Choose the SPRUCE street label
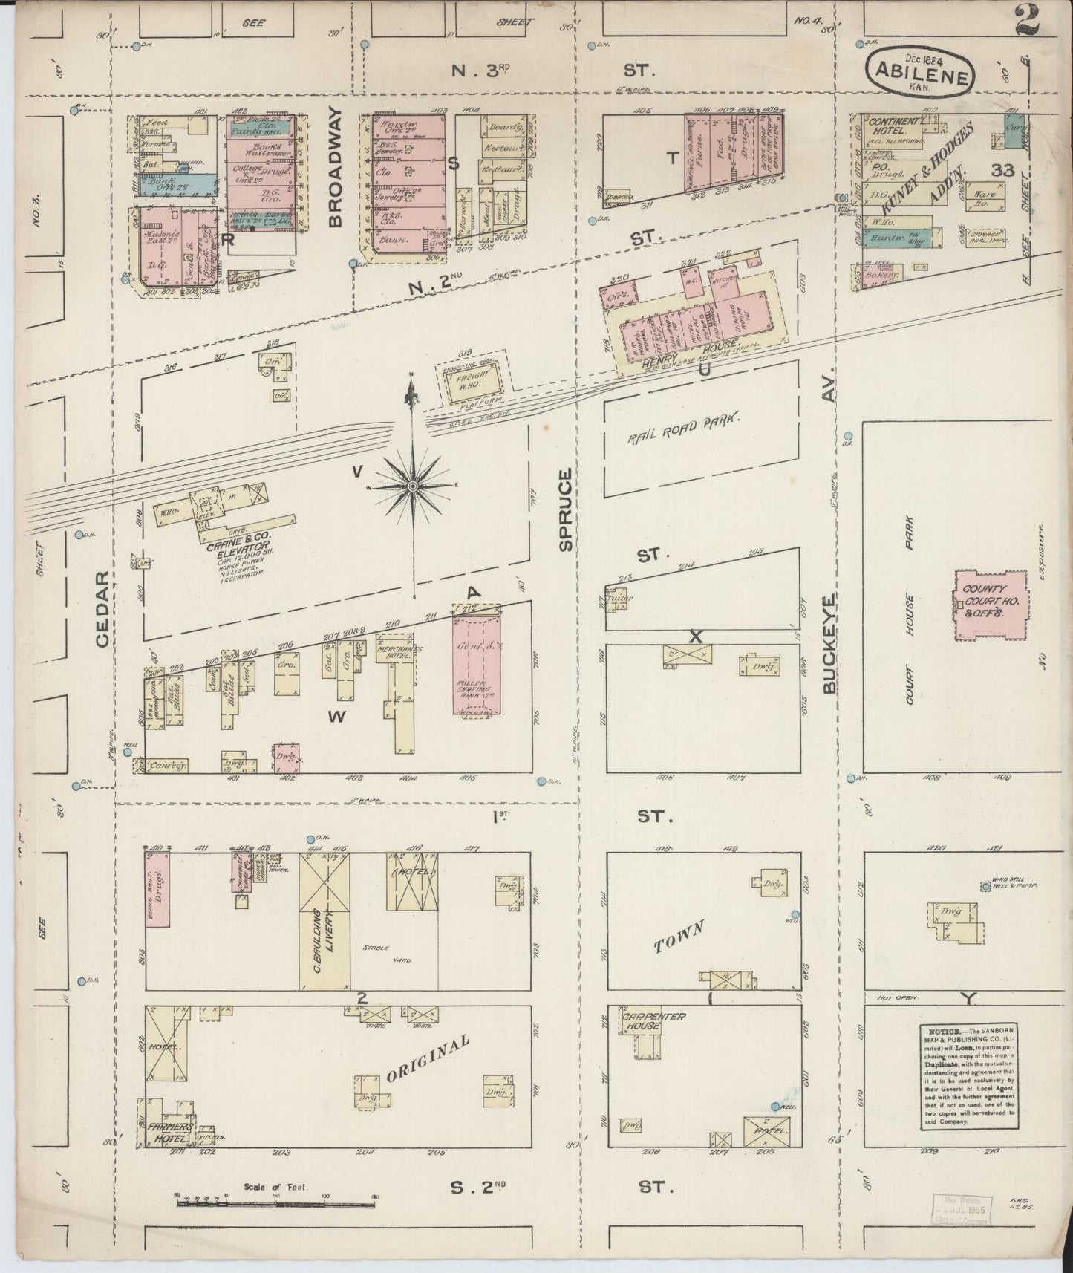566,509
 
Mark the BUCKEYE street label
830,642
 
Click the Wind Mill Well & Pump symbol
985,886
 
